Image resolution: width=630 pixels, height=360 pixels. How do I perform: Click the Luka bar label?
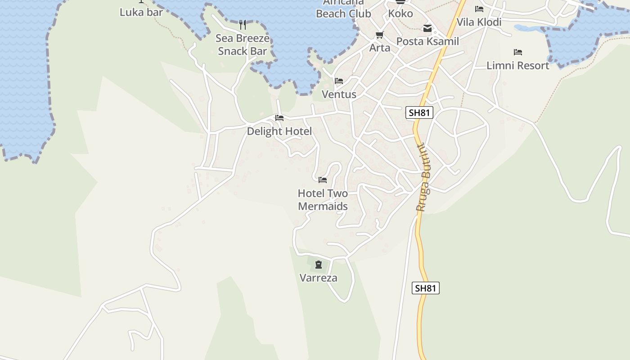[141, 12]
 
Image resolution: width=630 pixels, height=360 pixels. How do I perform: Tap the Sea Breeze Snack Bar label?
[243, 45]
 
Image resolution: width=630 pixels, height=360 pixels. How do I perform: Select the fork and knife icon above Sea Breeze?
[243, 24]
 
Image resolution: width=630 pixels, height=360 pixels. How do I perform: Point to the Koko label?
[400, 13]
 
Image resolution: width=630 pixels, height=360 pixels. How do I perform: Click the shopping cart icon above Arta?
[380, 35]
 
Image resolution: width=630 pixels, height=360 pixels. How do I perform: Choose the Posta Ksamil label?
[427, 41]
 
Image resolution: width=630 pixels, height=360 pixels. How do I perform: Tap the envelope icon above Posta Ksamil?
[427, 29]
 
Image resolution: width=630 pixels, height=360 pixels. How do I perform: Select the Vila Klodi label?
[479, 22]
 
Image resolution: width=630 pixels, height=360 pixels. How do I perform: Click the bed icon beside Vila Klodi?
[479, 9]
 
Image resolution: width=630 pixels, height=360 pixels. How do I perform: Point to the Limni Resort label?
[517, 65]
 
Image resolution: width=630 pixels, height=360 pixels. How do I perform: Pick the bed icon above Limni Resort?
[518, 52]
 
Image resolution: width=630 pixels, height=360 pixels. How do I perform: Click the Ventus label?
[339, 94]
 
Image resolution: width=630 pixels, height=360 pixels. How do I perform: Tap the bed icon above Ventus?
[339, 81]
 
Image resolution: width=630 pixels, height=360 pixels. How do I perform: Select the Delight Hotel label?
[279, 131]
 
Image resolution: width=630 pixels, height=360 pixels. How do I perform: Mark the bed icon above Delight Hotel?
[279, 118]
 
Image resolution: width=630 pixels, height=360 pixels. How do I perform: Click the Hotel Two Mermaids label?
[323, 200]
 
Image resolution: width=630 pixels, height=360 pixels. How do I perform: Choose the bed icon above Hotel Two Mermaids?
[323, 180]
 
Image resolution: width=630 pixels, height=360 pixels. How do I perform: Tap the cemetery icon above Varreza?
[319, 265]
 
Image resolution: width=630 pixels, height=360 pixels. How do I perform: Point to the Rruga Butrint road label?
[423, 178]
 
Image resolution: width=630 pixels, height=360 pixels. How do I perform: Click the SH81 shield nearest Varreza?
[425, 288]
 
